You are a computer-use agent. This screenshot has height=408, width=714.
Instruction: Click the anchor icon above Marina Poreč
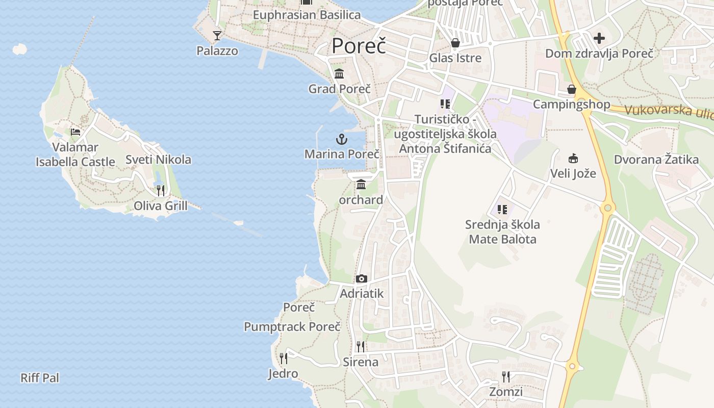point(341,139)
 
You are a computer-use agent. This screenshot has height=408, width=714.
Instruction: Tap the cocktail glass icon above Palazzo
point(217,36)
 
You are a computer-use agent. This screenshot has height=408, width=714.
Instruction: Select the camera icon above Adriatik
point(362,278)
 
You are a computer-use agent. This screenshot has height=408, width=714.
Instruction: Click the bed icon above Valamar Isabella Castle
point(75,132)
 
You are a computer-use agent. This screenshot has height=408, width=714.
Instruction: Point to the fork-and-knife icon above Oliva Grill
point(161,191)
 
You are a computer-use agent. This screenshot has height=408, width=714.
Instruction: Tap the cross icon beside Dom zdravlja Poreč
point(599,38)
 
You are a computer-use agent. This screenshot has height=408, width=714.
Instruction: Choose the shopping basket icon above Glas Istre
point(455,43)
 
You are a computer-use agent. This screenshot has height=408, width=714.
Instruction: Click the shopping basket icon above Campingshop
point(572,89)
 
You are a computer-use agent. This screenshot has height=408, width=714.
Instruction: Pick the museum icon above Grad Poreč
point(339,74)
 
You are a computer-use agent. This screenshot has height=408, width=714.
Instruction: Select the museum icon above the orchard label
point(361,185)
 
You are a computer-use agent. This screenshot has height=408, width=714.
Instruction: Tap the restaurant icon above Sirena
point(361,347)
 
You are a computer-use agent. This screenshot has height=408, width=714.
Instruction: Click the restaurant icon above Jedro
point(284,358)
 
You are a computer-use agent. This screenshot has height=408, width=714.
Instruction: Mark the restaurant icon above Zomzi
point(506,377)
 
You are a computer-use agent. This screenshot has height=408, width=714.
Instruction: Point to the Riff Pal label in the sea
point(40,378)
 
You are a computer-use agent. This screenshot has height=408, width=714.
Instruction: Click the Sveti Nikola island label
point(158,160)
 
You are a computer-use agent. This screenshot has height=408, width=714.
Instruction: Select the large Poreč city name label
point(359,46)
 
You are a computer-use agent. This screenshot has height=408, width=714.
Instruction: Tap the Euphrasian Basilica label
point(307,15)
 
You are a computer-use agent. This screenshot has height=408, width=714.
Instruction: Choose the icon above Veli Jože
point(573,158)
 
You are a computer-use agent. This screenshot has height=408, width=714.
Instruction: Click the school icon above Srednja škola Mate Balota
point(502,209)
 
